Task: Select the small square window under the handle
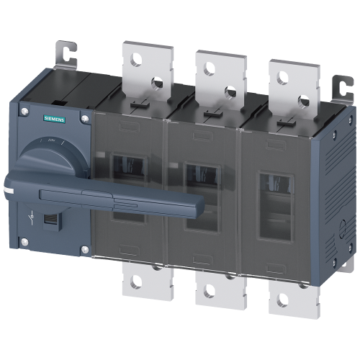click(51, 218)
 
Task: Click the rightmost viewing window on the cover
click(274, 205)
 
